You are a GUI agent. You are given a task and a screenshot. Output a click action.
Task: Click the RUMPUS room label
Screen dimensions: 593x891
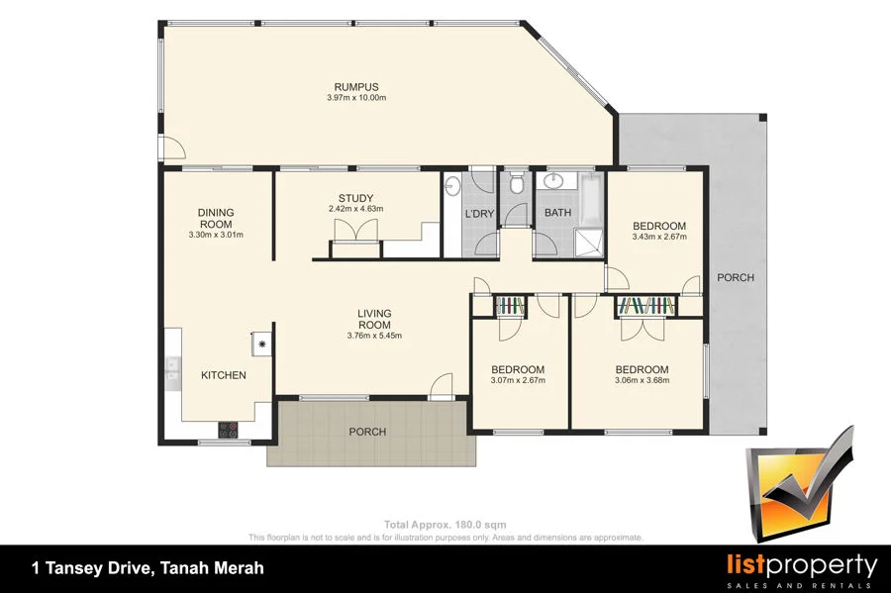pos(356,86)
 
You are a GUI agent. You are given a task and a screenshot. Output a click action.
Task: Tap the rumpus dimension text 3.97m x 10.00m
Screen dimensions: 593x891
pos(356,98)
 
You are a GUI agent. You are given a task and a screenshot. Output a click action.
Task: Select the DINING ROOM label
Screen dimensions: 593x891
pos(215,218)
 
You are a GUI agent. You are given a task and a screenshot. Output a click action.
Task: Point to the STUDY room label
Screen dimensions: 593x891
pos(354,198)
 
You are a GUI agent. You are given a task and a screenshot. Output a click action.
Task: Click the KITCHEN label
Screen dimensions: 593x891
pos(223,375)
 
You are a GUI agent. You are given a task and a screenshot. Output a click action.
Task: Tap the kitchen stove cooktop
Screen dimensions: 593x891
pos(228,430)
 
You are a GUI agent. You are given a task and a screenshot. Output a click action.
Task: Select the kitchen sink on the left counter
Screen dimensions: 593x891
pos(172,369)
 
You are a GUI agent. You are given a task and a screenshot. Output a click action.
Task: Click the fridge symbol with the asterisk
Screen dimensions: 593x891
pos(263,344)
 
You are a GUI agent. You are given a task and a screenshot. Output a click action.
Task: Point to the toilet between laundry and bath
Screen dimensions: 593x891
pos(516,184)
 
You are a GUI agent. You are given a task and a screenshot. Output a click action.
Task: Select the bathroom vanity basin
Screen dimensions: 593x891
pos(552,182)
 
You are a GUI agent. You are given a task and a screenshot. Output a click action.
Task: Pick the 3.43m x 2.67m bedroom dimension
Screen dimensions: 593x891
pos(658,237)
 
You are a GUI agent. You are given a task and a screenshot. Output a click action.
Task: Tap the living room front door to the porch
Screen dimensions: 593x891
pos(443,386)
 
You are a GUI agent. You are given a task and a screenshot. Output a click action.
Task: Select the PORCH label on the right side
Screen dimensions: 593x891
pos(736,278)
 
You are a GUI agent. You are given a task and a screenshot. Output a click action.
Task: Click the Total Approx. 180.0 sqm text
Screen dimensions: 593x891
pos(445,525)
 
